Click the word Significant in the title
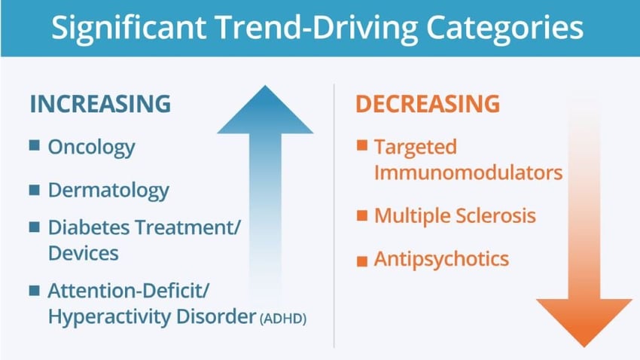click(129, 28)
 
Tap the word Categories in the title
click(504, 28)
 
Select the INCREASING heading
click(100, 104)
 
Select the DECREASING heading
click(428, 104)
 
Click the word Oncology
click(91, 148)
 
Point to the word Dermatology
click(108, 191)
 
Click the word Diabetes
click(90, 227)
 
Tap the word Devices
click(84, 253)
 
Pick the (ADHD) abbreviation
click(283, 318)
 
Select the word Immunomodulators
click(468, 172)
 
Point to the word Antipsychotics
click(442, 259)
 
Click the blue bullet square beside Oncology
click(35, 145)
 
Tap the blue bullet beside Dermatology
click(35, 190)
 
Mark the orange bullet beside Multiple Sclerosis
click(362, 215)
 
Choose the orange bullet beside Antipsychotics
click(362, 261)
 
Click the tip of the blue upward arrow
click(265, 85)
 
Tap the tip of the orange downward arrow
click(584, 347)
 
